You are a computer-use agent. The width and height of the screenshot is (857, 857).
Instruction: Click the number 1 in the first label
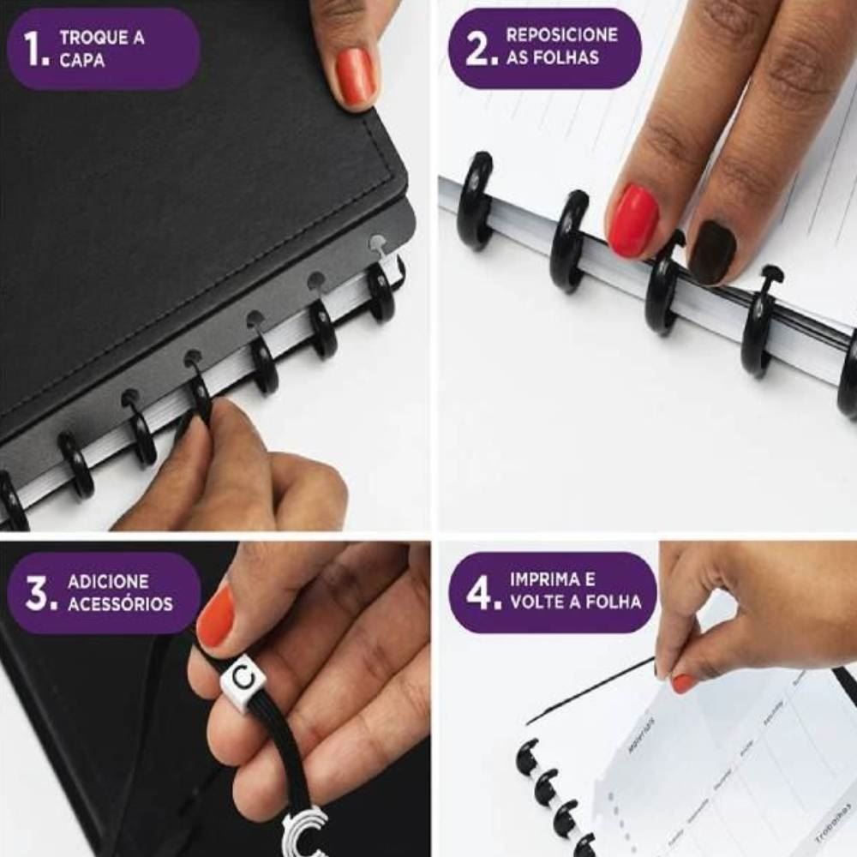33,50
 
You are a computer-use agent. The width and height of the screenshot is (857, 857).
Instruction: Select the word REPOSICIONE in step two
561,35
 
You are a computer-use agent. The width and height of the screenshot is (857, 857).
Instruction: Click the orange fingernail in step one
355,76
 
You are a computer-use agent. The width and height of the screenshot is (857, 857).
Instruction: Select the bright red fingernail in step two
633,221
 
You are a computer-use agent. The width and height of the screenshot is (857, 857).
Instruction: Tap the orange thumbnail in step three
215,616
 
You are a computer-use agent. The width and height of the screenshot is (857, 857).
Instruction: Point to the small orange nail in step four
683,683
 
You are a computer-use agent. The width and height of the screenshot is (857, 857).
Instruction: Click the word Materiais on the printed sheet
641,736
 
